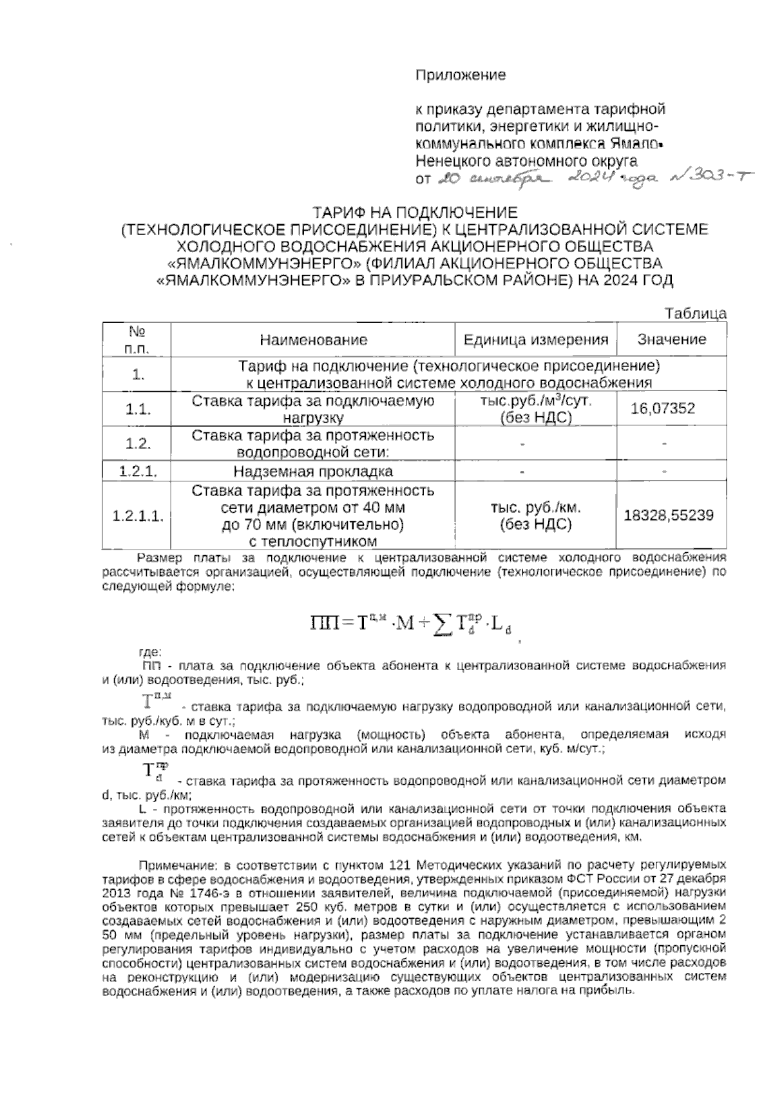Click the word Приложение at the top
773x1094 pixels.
pos(461,75)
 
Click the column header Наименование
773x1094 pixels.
pos(314,340)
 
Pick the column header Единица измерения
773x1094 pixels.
pos(536,340)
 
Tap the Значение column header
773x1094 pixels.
pos(671,340)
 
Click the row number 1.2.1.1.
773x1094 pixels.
pos(137,516)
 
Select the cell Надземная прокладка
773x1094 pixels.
pos(313,472)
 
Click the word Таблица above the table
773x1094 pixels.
pos(696,314)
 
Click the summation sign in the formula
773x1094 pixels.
pos(442,623)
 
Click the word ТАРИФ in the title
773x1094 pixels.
pos(345,213)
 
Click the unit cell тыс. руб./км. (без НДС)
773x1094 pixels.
pos(536,516)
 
